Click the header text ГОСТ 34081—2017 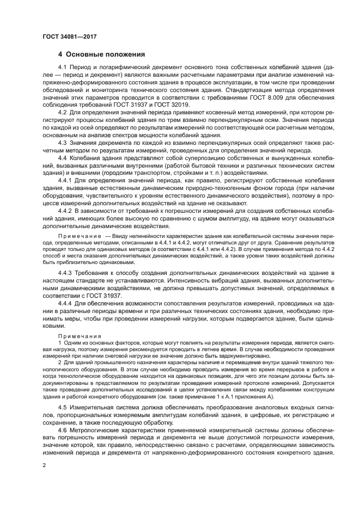[66, 36]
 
